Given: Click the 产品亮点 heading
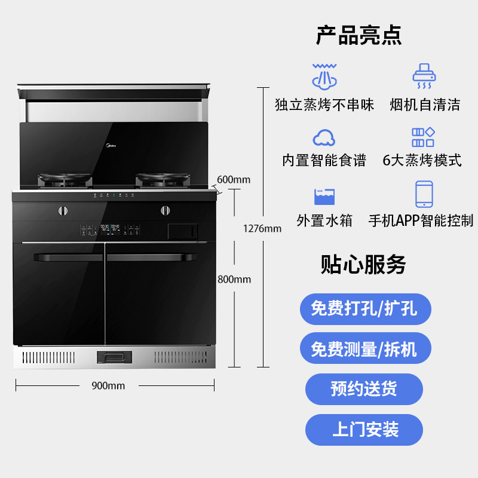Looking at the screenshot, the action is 358,35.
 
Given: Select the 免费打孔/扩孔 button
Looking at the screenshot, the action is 364,309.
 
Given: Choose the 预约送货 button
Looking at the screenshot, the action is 364,389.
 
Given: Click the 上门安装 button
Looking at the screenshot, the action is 364,429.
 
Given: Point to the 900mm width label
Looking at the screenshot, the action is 108,386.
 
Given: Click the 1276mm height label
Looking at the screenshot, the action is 262,228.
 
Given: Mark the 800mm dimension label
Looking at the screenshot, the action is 234,279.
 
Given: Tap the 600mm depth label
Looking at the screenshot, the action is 234,179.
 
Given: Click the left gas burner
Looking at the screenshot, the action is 66,178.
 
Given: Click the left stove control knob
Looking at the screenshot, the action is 62,210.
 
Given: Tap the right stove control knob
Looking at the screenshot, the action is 164,210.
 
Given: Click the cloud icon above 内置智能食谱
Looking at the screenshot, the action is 324,137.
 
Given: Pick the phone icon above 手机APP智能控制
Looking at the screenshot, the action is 424,194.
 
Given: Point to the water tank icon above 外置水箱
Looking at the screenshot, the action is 324,197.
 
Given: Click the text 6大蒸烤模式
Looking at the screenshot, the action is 422,160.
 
